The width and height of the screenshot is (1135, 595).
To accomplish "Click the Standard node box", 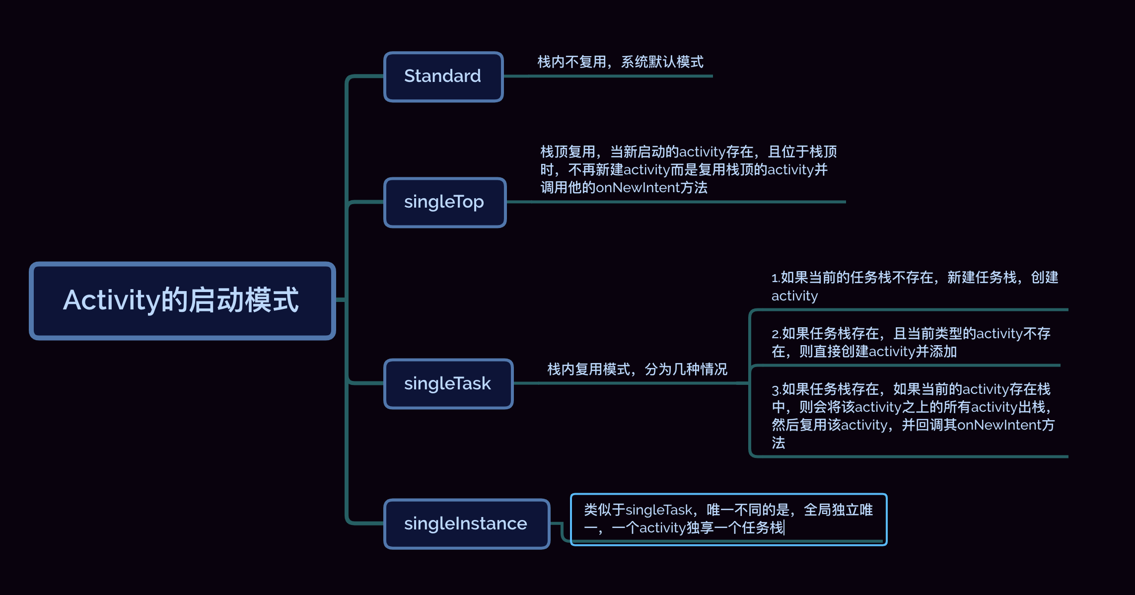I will [443, 76].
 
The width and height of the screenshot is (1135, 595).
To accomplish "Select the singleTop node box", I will [445, 202].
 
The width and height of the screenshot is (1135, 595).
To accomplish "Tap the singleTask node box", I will [448, 383].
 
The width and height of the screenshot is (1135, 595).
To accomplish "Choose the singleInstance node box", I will [467, 523].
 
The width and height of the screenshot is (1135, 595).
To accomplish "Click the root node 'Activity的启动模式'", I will [182, 300].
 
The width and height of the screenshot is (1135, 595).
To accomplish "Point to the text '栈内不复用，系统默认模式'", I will [620, 62].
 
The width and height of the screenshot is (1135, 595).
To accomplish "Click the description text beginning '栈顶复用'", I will [688, 169].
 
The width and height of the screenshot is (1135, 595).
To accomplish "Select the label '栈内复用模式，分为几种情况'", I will [637, 369].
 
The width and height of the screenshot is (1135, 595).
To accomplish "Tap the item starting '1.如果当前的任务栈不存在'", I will [915, 286].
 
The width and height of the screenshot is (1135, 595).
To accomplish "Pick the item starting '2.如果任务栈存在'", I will [911, 342].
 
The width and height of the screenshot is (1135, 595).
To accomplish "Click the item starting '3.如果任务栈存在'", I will [913, 415].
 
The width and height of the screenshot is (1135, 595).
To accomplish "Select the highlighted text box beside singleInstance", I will [728, 519].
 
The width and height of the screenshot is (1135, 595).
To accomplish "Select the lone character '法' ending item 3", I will [779, 443].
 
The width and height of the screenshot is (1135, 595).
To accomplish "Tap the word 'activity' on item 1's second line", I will [794, 296].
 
